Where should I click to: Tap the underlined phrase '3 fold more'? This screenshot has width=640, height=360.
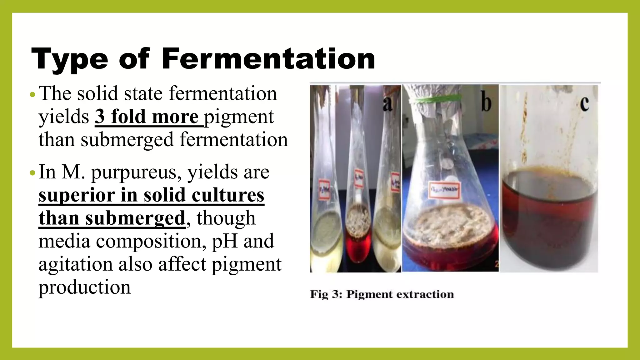147,117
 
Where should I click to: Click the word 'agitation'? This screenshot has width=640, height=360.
75,264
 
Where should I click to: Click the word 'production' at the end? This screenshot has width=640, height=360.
84,287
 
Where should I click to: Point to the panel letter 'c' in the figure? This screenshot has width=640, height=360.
584,103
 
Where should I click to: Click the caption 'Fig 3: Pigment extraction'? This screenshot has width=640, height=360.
382,294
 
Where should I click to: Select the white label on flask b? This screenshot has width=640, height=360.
444,189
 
